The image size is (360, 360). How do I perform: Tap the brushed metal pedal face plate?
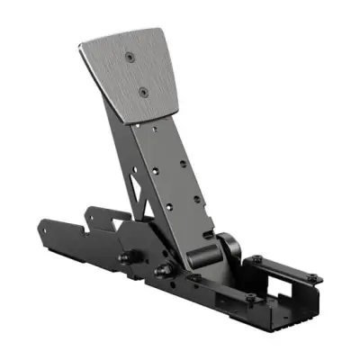point(126,76)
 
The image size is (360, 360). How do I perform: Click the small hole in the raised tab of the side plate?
point(90,216)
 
